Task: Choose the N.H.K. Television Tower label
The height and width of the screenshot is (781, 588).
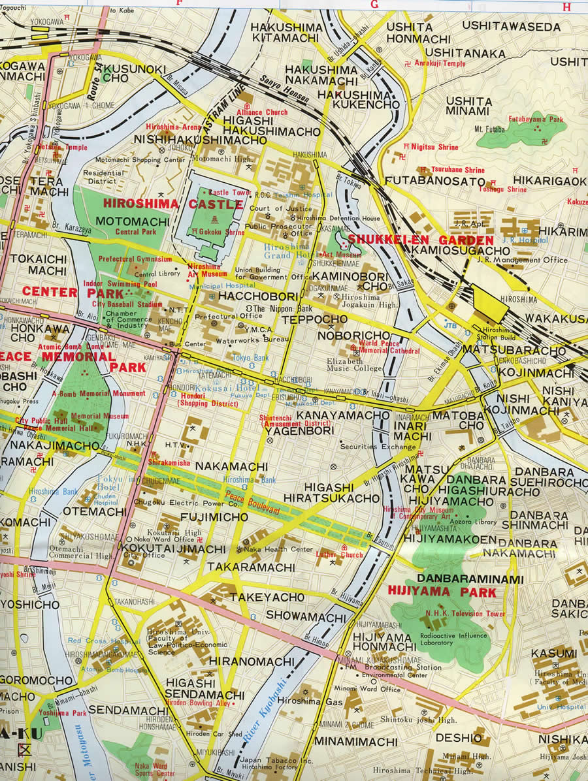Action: (x=465, y=614)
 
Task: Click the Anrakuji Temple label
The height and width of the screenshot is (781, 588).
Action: (x=442, y=64)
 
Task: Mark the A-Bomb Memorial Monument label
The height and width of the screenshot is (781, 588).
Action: (x=99, y=393)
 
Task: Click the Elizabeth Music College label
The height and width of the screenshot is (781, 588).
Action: (x=355, y=365)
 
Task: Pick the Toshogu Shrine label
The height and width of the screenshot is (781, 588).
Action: (x=502, y=189)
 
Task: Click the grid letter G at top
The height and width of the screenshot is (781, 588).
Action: (x=374, y=4)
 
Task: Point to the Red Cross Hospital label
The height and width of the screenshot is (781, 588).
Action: (x=94, y=641)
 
